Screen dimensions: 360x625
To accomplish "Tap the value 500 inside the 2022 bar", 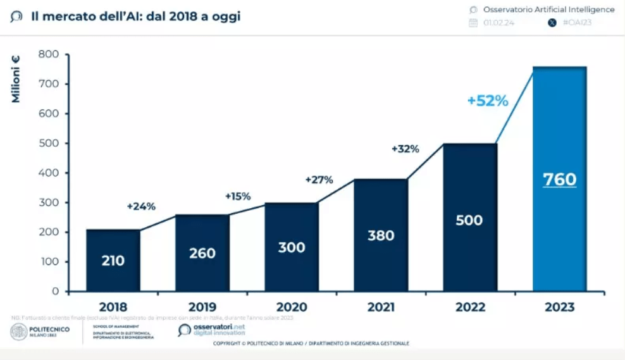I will pyautogui.click(x=469, y=220).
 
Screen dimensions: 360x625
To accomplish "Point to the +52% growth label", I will pyautogui.click(x=488, y=101).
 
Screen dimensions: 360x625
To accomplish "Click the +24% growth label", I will pyautogui.click(x=141, y=206).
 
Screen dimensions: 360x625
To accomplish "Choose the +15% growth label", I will pyautogui.click(x=238, y=196).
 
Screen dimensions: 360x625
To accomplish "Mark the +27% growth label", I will pyautogui.click(x=319, y=180).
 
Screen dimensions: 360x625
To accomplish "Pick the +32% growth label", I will pyautogui.click(x=405, y=149).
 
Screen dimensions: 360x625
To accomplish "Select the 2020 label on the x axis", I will pyautogui.click(x=292, y=307).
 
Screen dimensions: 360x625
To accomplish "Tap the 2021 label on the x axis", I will pyautogui.click(x=381, y=307).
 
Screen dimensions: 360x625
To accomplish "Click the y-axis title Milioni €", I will pyautogui.click(x=15, y=79).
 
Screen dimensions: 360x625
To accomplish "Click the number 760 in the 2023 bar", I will pyautogui.click(x=560, y=180).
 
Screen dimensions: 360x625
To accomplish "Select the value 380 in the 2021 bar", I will pyautogui.click(x=381, y=235).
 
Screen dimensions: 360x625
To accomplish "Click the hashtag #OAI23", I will pyautogui.click(x=578, y=23).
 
